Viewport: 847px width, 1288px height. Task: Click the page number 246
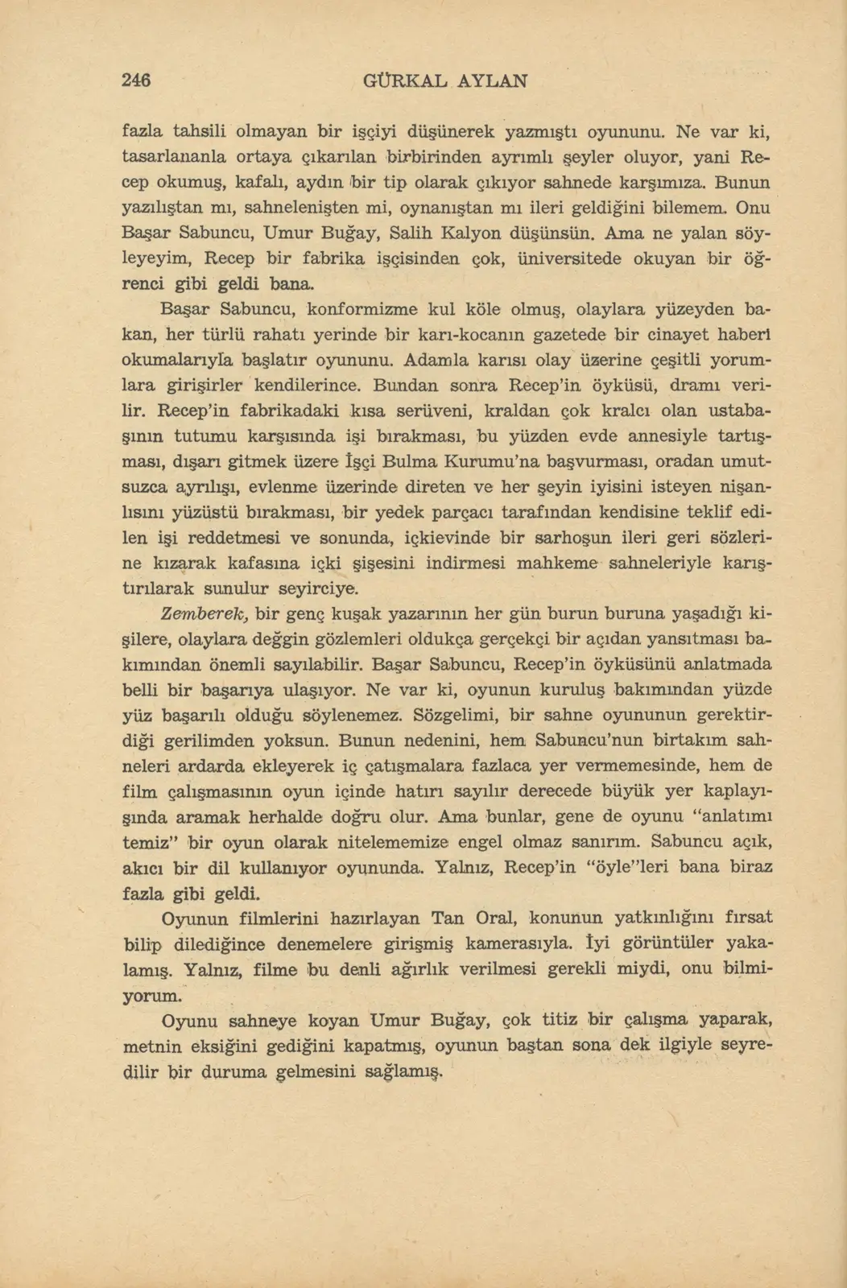[136, 80]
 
